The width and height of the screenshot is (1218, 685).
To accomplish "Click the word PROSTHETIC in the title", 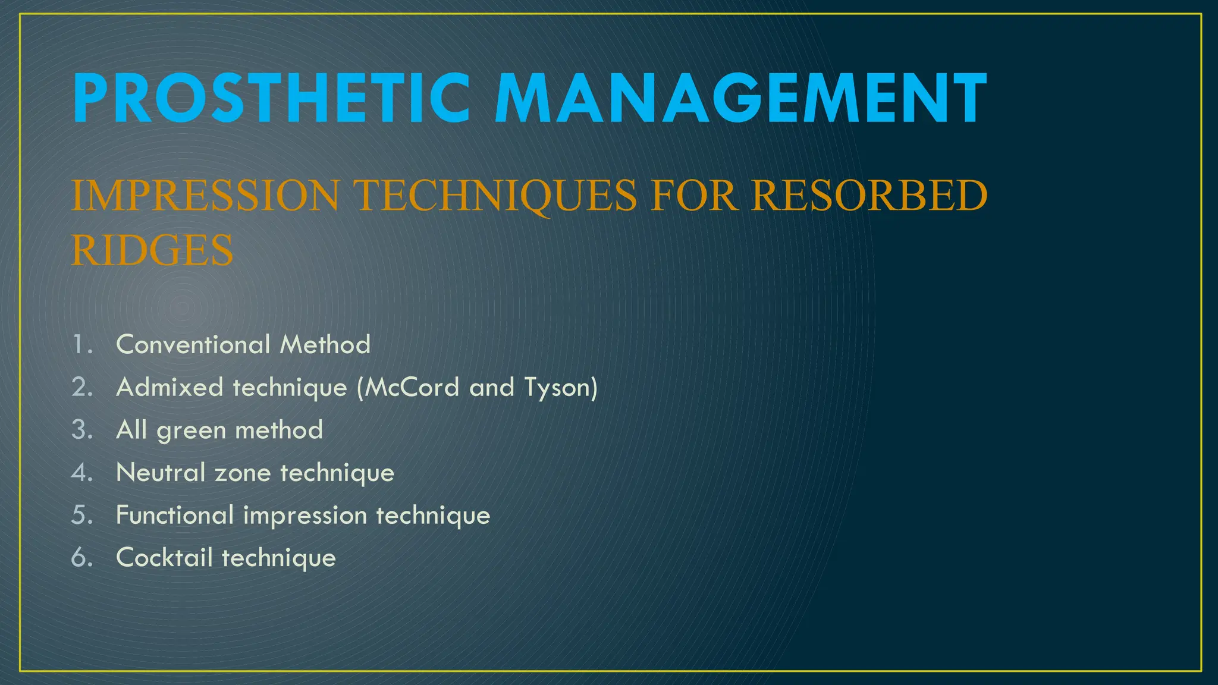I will [271, 98].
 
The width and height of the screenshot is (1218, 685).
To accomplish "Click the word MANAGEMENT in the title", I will [740, 98].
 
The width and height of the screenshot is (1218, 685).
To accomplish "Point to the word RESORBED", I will [869, 196].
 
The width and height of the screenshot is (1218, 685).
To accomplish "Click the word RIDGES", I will [152, 250].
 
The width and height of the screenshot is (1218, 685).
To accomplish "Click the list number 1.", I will [81, 344].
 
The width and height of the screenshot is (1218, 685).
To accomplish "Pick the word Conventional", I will [193, 344].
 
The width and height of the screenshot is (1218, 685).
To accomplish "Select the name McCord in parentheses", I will [412, 388].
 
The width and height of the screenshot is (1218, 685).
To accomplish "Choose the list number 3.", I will [82, 430].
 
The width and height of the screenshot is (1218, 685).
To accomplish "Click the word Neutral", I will [161, 473].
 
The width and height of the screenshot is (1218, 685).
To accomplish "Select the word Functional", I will [175, 515].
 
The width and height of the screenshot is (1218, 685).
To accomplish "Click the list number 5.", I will [82, 515].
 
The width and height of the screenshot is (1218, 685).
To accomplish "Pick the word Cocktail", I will [164, 558].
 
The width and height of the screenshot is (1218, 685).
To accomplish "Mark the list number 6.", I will [82, 558].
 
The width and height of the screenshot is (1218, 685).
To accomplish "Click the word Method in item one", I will [325, 344].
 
